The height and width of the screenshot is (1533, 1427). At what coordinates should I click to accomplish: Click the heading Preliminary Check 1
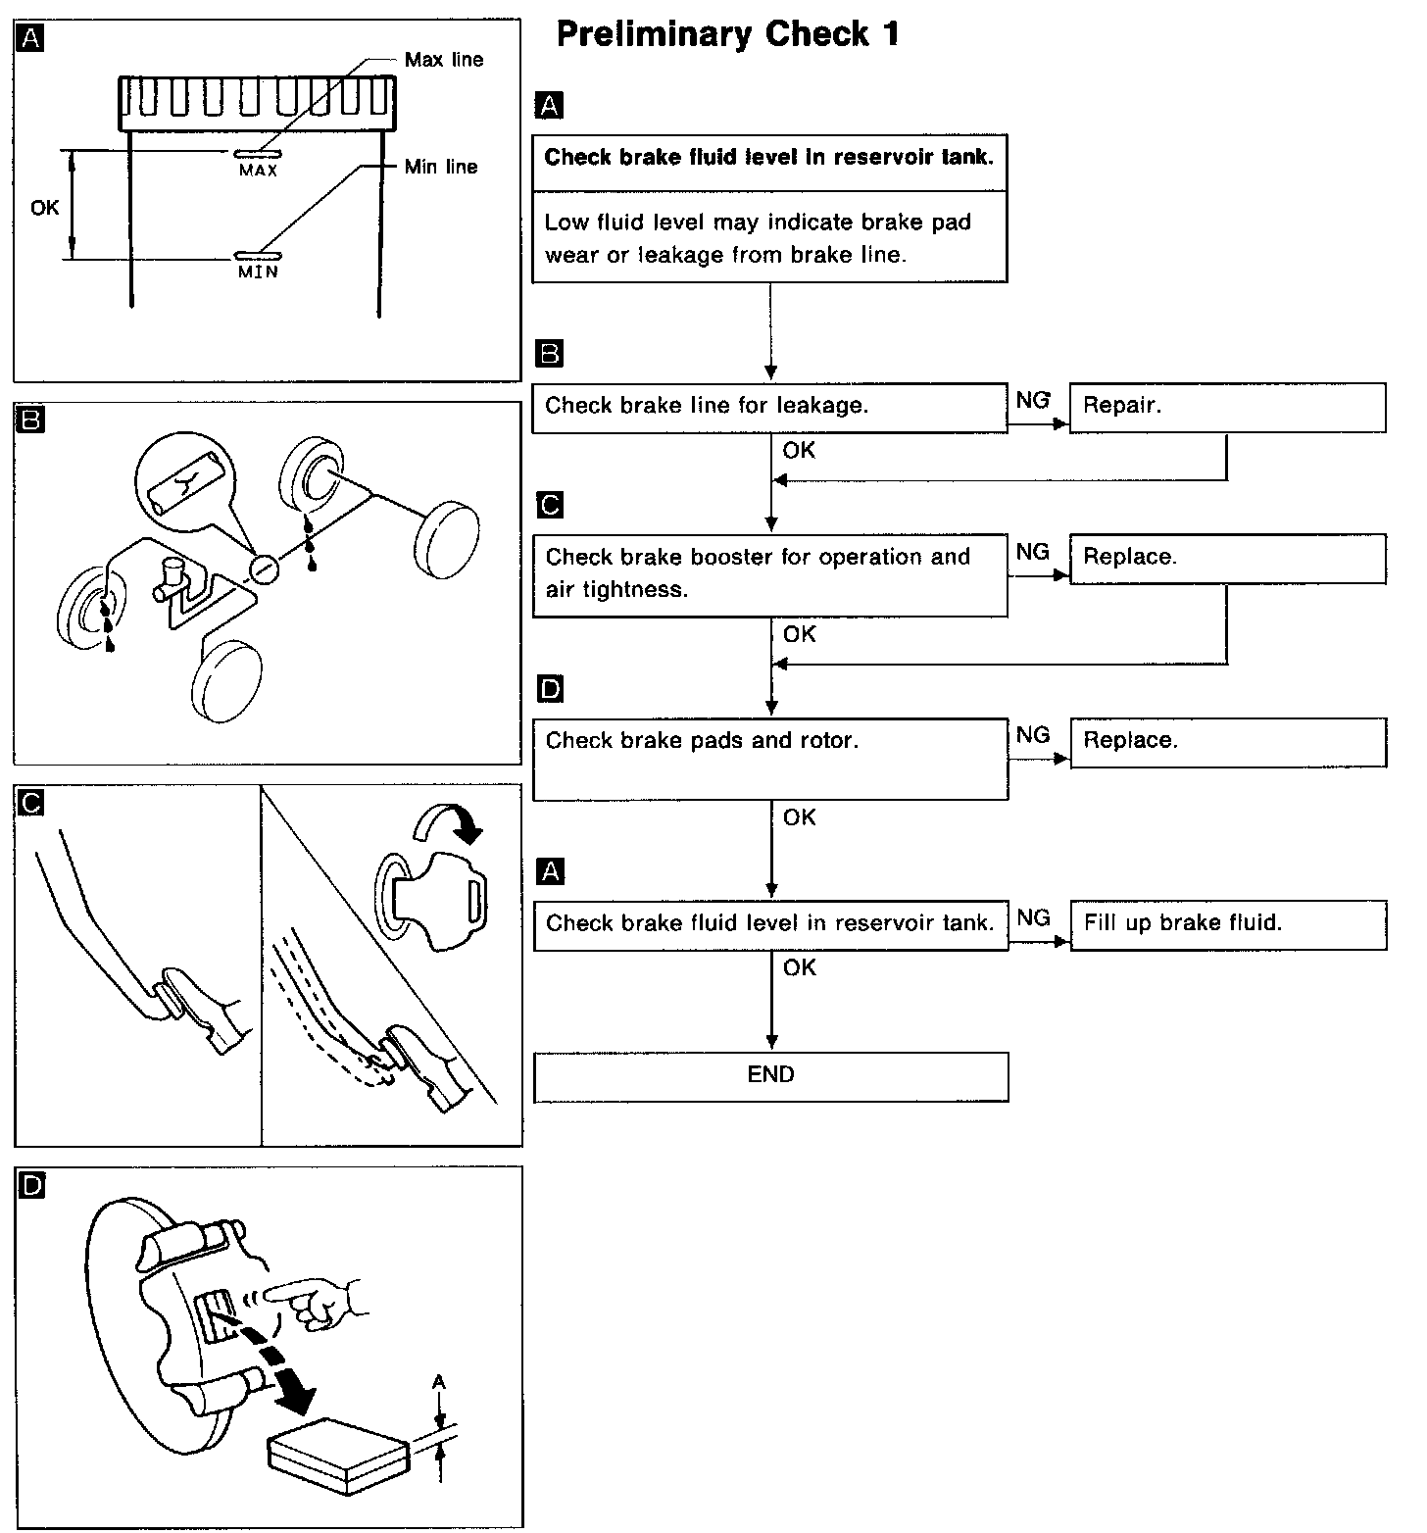(727, 35)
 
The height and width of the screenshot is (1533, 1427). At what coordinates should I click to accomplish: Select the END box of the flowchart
(770, 1075)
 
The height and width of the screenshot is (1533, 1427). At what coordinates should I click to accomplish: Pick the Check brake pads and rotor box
(769, 758)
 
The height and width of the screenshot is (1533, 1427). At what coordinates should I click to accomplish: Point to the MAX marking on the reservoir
(258, 171)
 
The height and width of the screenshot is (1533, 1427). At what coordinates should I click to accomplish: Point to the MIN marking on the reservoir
(258, 272)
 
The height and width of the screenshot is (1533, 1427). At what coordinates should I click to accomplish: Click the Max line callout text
(443, 60)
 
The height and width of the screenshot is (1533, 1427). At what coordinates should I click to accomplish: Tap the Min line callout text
(441, 167)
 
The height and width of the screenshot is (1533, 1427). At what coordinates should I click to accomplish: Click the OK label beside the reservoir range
(45, 208)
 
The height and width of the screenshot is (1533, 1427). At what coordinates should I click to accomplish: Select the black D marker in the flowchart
(551, 691)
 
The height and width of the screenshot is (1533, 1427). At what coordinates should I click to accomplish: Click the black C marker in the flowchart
(551, 506)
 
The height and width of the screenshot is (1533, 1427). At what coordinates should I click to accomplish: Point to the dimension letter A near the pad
(439, 1382)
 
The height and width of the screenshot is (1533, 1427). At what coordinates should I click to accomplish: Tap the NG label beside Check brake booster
(1033, 553)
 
